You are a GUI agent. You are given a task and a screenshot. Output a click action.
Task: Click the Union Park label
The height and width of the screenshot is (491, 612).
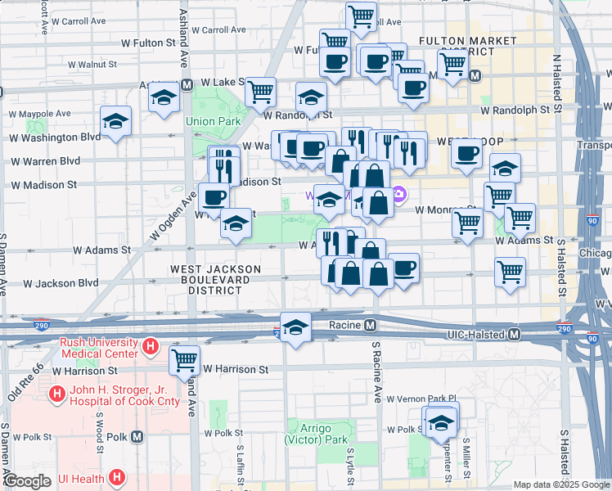coord(213,121)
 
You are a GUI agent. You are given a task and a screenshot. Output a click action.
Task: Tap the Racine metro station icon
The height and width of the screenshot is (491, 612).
coord(371,326)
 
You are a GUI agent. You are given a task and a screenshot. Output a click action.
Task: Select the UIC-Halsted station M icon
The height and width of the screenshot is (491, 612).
coord(515,334)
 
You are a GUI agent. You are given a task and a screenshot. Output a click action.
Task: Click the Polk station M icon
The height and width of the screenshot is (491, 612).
coord(137,436)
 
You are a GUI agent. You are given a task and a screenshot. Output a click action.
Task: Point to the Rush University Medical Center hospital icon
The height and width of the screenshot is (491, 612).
coord(150,347)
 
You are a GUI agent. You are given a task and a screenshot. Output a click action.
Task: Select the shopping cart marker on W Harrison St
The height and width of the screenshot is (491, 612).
coord(185,359)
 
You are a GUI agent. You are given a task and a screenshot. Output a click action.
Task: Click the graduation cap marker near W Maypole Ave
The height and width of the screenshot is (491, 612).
coord(116,122)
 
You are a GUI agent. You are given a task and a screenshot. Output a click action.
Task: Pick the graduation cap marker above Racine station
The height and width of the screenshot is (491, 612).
coord(295,326)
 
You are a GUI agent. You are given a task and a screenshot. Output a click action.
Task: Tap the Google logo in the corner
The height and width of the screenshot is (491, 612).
coord(26,480)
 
